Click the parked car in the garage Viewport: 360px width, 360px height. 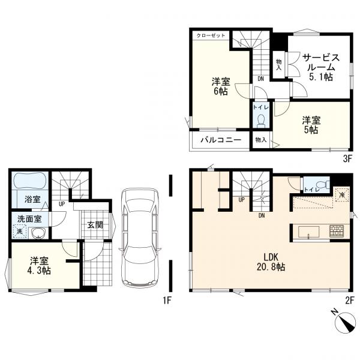(x=140, y=237)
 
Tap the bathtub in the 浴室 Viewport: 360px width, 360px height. (x=31, y=181)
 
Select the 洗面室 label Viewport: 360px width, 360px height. (x=29, y=219)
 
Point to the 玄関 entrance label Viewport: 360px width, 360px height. (x=95, y=225)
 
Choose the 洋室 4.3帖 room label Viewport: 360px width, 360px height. (x=39, y=266)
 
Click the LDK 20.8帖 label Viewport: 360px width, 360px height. (x=271, y=262)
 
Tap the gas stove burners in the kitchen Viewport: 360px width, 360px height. (x=337, y=231)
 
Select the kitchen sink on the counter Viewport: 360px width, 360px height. (x=308, y=232)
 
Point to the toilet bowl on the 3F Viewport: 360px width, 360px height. (x=260, y=121)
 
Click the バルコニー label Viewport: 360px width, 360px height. (x=221, y=140)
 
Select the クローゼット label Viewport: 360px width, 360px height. (x=211, y=35)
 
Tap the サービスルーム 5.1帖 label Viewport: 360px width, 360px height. (x=321, y=67)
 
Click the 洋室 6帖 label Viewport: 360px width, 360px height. (x=221, y=86)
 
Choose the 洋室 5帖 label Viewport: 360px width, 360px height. (x=311, y=125)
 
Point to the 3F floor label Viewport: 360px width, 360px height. (x=347, y=158)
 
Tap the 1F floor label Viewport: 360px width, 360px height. (x=167, y=301)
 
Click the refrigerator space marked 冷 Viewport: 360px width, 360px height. (x=342, y=194)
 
